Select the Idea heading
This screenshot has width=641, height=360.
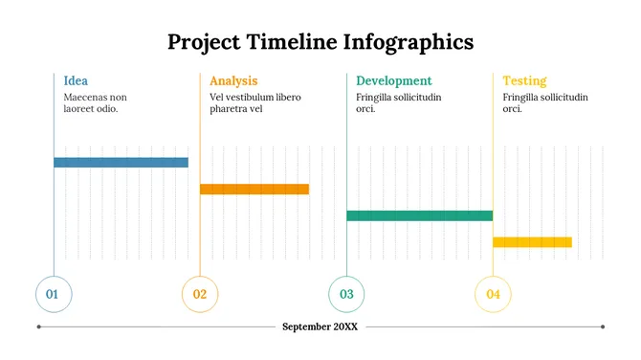click(76, 81)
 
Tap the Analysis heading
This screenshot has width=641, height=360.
click(233, 81)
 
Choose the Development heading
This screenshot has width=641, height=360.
click(393, 81)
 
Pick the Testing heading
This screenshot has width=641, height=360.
click(524, 81)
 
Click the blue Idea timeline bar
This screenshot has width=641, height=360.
click(121, 162)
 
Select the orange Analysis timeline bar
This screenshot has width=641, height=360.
click(254, 189)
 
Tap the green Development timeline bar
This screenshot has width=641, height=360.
click(419, 215)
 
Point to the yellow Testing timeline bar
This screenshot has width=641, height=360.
click(532, 242)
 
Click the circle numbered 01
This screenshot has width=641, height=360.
click(53, 294)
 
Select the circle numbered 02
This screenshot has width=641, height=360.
click(200, 294)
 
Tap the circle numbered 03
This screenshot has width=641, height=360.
click(346, 294)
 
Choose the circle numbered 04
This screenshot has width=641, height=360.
click(493, 294)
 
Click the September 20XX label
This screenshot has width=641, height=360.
click(320, 326)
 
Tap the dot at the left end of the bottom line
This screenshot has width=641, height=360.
click(38, 326)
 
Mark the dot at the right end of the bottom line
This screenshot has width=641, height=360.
click(603, 326)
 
